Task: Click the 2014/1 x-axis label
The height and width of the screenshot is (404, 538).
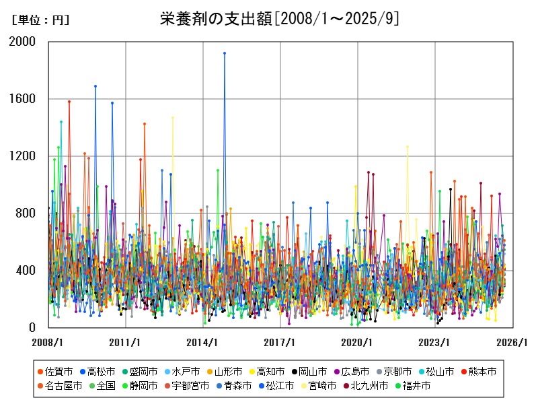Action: point(204,342)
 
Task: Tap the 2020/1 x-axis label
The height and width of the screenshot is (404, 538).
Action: point(358,342)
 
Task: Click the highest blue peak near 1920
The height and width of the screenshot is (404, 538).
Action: point(225,53)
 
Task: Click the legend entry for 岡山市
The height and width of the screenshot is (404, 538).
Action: point(314,371)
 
